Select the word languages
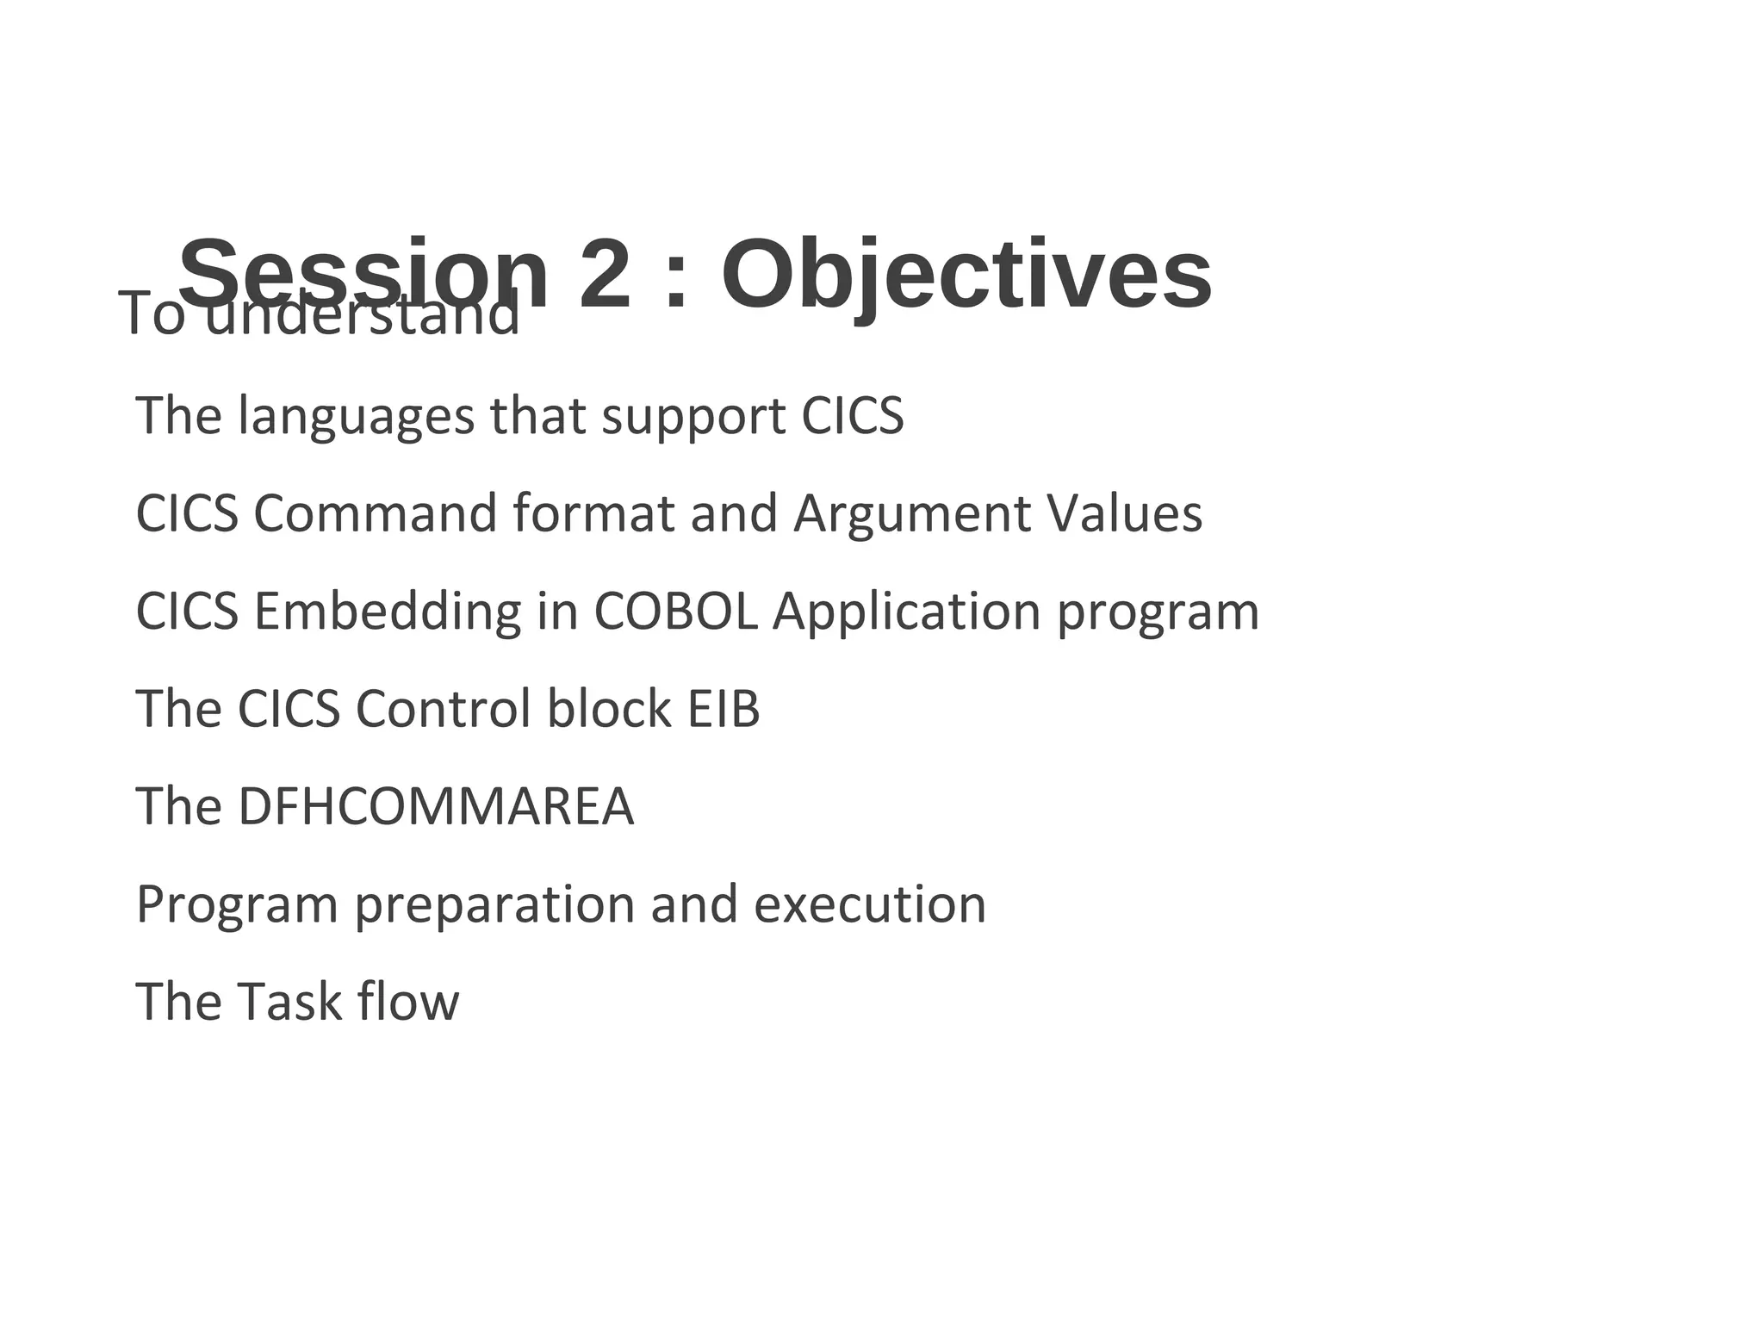click(356, 417)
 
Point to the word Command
click(376, 513)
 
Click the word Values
click(1125, 513)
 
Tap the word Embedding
click(388, 612)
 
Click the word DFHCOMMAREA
click(436, 807)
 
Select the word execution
click(870, 904)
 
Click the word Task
click(289, 1002)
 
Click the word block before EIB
click(609, 709)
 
